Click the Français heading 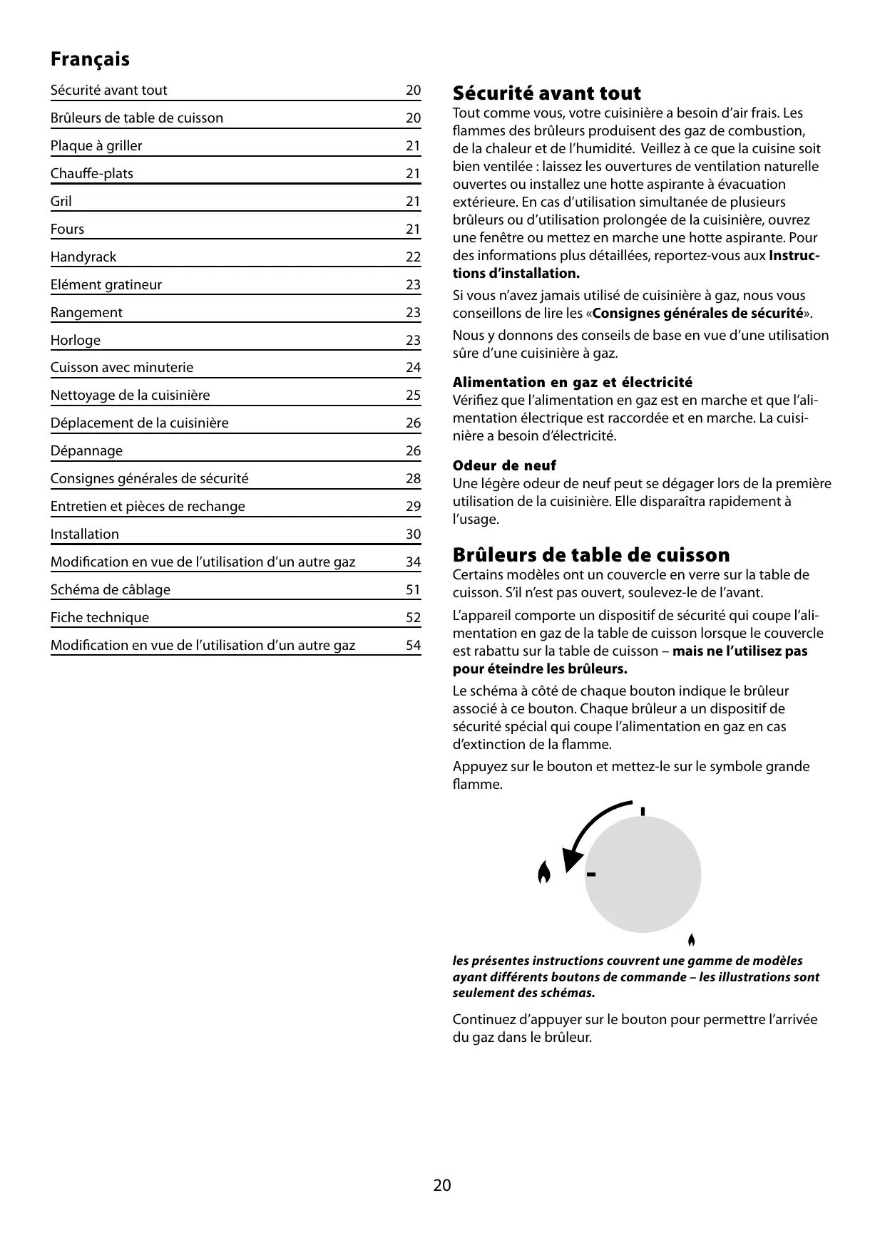tap(90, 59)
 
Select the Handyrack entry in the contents tap(83, 257)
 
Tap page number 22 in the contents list tap(413, 257)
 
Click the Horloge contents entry tap(76, 340)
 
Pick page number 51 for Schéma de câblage tap(413, 589)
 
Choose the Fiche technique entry tap(100, 617)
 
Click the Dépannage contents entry tap(86, 450)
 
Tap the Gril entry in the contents tap(61, 201)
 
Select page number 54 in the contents tap(413, 645)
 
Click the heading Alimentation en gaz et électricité tap(572, 383)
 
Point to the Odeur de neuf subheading tap(504, 466)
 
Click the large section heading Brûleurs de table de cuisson tap(591, 555)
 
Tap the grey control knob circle tap(643, 874)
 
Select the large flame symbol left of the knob tap(544, 872)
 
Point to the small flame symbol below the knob tap(691, 939)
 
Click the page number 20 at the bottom tap(442, 1185)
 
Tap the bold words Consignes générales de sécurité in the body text tap(697, 314)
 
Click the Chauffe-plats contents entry tap(92, 173)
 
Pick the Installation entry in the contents tap(85, 534)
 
